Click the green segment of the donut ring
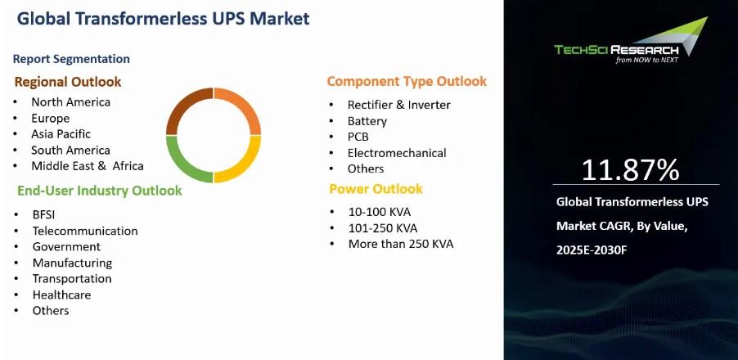tap(178, 162)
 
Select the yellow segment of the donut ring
tap(250, 162)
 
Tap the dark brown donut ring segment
tap(178, 108)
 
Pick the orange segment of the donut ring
tap(250, 108)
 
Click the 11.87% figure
tap(630, 170)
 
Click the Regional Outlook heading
tap(68, 82)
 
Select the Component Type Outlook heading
tap(407, 81)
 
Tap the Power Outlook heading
tap(376, 189)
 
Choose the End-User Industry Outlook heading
tap(99, 191)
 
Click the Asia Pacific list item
tap(61, 134)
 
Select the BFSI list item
tap(43, 214)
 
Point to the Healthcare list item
tap(61, 295)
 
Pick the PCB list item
tap(358, 137)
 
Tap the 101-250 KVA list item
tap(383, 228)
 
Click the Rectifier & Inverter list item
tap(399, 105)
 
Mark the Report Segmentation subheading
tap(71, 59)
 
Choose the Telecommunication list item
tap(85, 231)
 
